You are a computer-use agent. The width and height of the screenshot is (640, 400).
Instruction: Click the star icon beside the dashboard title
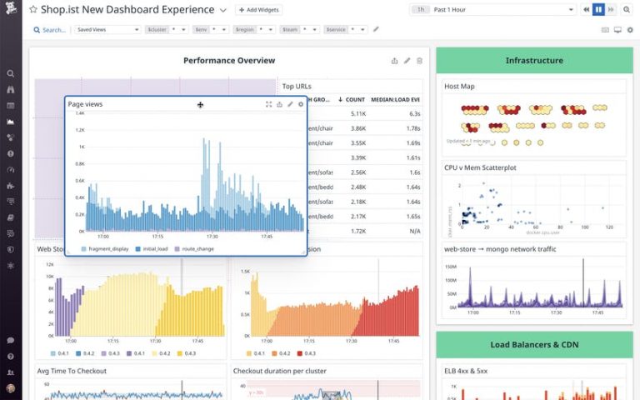pos(33,10)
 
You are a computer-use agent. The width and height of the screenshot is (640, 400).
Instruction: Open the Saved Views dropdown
pos(107,29)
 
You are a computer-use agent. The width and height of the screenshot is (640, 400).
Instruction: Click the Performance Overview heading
pos(229,60)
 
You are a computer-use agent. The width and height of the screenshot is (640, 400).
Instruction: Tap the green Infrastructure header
pos(534,60)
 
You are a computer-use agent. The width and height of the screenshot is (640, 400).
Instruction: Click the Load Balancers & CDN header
pos(534,344)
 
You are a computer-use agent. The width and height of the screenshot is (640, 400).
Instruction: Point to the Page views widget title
pos(86,104)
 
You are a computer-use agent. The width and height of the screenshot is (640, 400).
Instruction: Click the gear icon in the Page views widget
pos(301,104)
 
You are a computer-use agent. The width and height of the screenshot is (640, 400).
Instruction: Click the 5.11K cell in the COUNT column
pos(357,113)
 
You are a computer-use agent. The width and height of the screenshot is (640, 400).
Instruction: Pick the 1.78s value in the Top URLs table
pos(409,128)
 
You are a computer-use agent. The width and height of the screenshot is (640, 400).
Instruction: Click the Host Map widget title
pos(459,86)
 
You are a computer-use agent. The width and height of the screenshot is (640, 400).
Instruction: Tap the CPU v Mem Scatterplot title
pos(481,167)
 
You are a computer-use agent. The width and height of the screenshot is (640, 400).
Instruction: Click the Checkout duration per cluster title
pos(279,371)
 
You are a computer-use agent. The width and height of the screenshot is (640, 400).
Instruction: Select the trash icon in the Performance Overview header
pos(419,61)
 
